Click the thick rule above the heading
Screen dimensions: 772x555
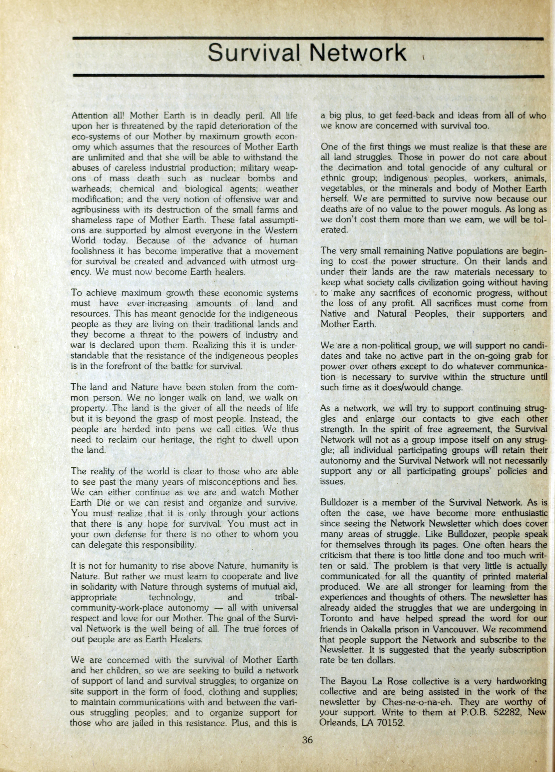pyautogui.click(x=308, y=39)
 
